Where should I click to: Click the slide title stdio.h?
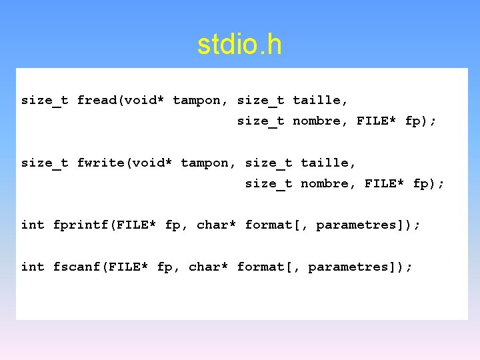click(x=239, y=45)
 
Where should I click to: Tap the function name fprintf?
click(x=81, y=225)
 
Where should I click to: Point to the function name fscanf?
click(x=77, y=267)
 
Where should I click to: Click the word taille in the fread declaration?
click(x=317, y=100)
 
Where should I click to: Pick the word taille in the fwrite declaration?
click(x=325, y=163)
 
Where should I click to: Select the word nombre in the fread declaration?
click(x=317, y=121)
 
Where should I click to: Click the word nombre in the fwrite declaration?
click(x=325, y=183)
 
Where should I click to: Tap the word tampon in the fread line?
click(x=197, y=100)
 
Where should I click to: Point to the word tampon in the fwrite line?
click(x=205, y=163)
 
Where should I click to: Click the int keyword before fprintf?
click(x=33, y=225)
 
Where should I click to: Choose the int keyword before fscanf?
click(x=33, y=267)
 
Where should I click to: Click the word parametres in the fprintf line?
click(x=357, y=225)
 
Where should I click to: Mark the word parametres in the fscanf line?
click(x=349, y=267)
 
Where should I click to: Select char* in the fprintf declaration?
click(x=217, y=225)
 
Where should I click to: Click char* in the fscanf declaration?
click(x=209, y=267)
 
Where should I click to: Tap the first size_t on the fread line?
click(x=45, y=100)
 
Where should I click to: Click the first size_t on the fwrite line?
click(x=45, y=163)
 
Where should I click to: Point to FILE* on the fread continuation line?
click(x=377, y=121)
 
